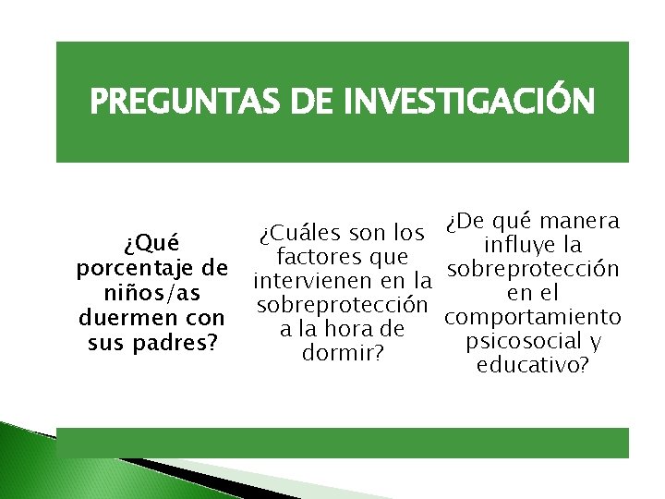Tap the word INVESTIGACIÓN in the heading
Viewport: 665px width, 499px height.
(x=466, y=102)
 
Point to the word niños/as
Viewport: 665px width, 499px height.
(x=151, y=293)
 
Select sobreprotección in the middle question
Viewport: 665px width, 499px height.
(x=343, y=304)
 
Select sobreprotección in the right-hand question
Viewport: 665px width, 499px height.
(x=532, y=269)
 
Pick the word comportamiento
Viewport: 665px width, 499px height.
(x=532, y=317)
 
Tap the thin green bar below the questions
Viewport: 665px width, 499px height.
(x=342, y=443)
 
